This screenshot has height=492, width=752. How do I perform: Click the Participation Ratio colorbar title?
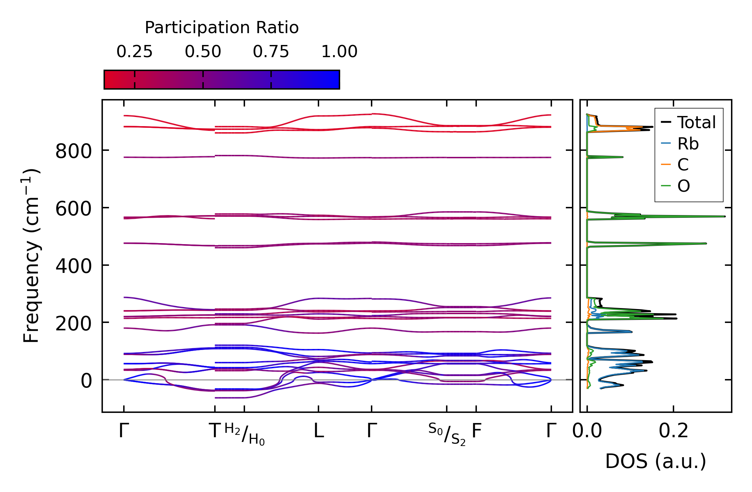(222, 28)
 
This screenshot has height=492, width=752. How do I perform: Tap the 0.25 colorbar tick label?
(134, 52)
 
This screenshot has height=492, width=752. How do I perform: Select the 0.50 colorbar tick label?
(203, 52)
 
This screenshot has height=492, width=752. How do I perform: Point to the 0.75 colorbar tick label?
(271, 52)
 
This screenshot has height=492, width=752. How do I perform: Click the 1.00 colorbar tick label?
(339, 52)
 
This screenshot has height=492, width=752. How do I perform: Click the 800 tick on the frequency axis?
(73, 151)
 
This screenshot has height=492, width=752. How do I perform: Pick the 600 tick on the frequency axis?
(73, 209)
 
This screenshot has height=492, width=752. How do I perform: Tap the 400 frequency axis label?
(73, 266)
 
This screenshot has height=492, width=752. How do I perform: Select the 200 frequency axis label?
(73, 324)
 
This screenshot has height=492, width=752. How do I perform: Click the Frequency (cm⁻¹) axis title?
(31, 256)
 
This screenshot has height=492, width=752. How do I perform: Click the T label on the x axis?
(215, 431)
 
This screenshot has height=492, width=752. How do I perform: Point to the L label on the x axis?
(318, 431)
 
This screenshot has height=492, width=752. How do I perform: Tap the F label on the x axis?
(477, 431)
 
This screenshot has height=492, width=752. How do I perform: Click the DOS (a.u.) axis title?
(656, 462)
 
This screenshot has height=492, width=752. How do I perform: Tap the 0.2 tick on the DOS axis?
(673, 431)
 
